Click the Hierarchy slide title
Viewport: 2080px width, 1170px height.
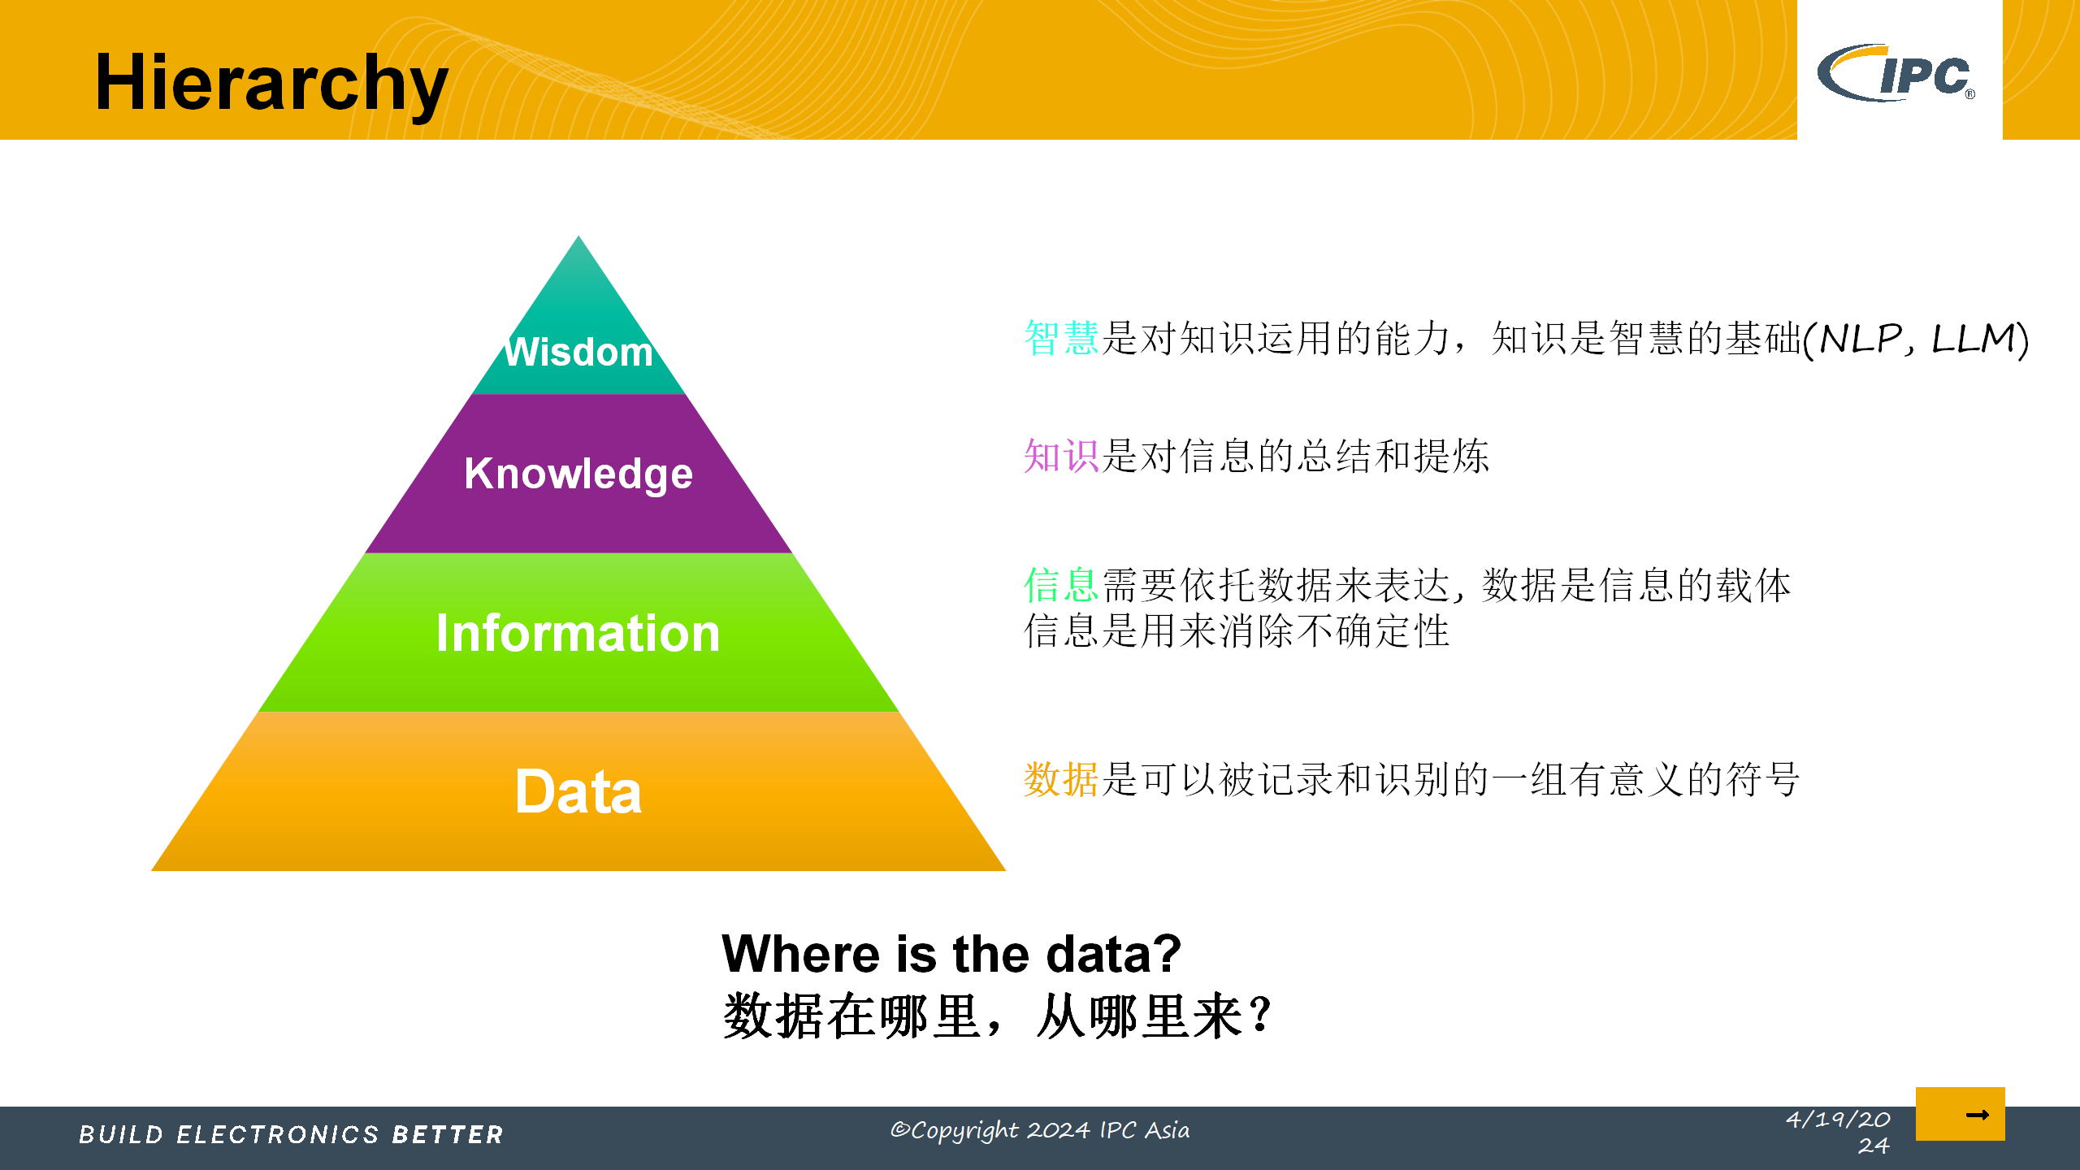tap(271, 83)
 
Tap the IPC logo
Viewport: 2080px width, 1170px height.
tap(1896, 73)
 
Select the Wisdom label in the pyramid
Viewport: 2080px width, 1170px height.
tap(578, 353)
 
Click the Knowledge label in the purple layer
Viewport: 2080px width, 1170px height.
tap(578, 473)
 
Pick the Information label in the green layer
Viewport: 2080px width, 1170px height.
tap(578, 633)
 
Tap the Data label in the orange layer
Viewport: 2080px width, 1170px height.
tap(578, 791)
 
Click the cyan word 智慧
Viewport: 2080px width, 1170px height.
tap(1061, 338)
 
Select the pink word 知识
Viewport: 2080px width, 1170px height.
tap(1061, 456)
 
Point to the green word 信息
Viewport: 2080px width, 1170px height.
tap(1061, 585)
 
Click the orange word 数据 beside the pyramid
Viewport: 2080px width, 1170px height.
tap(1061, 780)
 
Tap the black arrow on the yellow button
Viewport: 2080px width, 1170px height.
tap(1976, 1115)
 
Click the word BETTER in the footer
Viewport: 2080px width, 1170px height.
tap(448, 1134)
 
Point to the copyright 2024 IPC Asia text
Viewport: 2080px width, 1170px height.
tap(1040, 1130)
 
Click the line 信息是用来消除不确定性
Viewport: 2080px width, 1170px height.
tap(1237, 631)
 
